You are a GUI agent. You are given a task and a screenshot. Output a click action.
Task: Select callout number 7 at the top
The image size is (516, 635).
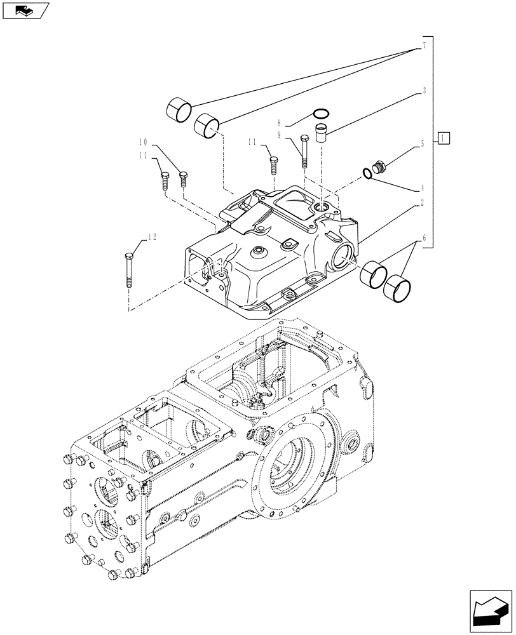(423, 46)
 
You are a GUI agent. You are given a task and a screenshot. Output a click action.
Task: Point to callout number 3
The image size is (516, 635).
(423, 91)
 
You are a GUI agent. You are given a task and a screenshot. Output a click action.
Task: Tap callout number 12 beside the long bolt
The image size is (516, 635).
(151, 237)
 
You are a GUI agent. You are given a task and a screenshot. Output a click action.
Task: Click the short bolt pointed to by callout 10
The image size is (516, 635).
(183, 179)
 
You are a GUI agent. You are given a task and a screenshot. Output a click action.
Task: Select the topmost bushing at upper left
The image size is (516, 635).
(178, 109)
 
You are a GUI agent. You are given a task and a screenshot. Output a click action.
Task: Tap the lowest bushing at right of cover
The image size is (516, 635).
(395, 288)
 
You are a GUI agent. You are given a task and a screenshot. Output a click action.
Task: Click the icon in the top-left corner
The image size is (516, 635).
(25, 10)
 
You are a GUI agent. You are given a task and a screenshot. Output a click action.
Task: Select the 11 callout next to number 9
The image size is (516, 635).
(252, 141)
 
